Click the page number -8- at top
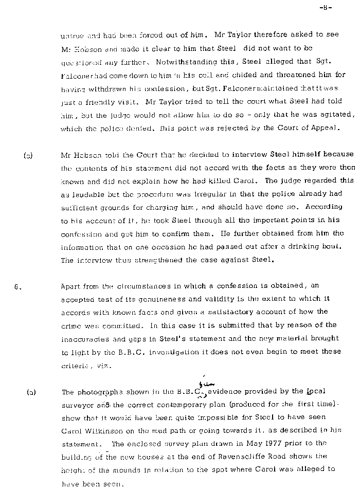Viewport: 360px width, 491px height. click(326, 8)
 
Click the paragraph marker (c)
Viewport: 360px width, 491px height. click(28, 154)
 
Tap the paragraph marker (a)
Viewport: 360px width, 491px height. click(31, 392)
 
